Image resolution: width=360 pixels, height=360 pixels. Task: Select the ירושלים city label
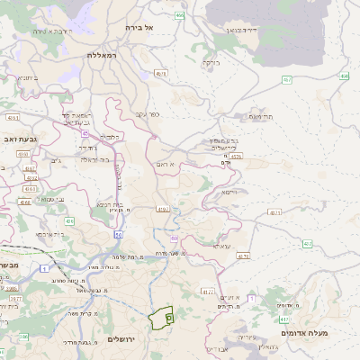(x=123, y=339)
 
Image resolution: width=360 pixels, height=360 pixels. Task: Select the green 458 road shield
(x=346, y=76)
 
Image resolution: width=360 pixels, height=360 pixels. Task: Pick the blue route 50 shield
(x=118, y=234)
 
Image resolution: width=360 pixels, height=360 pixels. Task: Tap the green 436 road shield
(x=69, y=220)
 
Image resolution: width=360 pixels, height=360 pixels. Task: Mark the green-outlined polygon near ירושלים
(x=162, y=318)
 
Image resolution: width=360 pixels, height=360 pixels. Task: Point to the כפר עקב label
(x=148, y=114)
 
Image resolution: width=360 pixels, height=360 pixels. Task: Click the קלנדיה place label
(x=109, y=137)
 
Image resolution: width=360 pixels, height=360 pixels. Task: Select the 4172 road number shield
(x=208, y=292)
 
